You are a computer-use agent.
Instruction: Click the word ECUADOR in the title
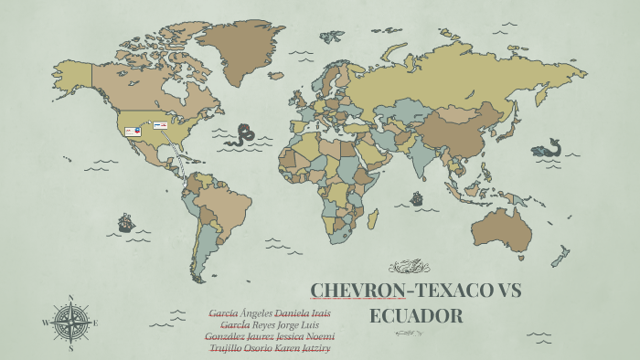pos(416,317)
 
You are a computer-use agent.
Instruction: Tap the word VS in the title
pos(499,291)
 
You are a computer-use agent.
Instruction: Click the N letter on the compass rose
pos(71,298)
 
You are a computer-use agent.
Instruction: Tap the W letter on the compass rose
pos(45,323)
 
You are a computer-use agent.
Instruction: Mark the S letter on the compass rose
pos(71,348)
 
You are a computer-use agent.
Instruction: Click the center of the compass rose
pos(71,323)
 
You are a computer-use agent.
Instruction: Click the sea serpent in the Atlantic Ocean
pos(242,135)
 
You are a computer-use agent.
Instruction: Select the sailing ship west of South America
pos(125,222)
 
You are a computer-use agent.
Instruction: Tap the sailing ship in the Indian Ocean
pos(417,197)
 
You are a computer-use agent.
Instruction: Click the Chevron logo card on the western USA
pos(133,132)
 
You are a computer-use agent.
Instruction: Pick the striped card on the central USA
pos(160,125)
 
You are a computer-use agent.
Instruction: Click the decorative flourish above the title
pos(409,267)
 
